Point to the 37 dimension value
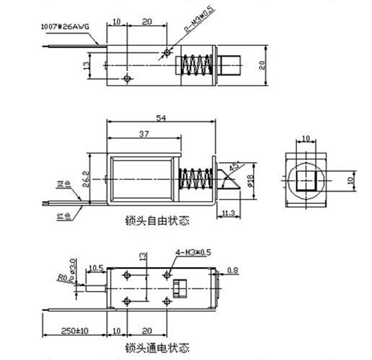coord(143,133)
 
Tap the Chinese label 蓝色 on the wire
coord(63,183)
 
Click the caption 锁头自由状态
coord(157,221)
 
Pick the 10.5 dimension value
coord(96,267)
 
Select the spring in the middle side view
coord(194,179)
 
